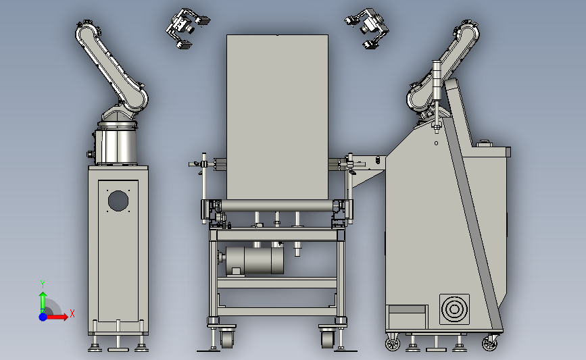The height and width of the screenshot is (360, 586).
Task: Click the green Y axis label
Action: [x=43, y=284]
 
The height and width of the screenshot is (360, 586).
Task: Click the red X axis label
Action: [x=72, y=313]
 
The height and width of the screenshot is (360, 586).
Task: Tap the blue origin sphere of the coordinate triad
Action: [x=43, y=317]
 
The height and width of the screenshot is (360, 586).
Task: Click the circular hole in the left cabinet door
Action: [x=118, y=201]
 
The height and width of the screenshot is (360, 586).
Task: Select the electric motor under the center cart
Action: [x=251, y=260]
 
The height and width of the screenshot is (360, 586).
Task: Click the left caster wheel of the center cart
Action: [x=226, y=338]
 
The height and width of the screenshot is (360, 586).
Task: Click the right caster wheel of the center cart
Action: [x=327, y=338]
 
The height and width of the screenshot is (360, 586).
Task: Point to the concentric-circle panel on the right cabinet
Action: [x=454, y=309]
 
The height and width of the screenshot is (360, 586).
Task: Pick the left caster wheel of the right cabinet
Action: [x=393, y=342]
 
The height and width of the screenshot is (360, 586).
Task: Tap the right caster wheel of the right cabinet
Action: [x=489, y=342]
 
